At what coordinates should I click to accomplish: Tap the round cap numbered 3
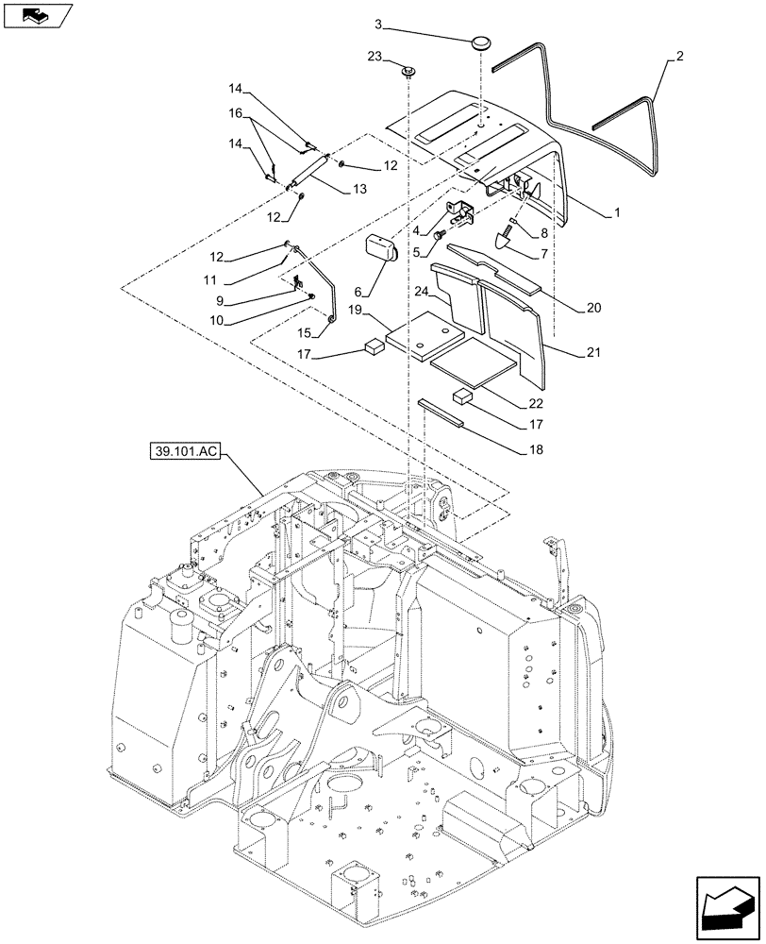pos(483,44)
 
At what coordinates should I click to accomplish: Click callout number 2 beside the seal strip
pos(678,58)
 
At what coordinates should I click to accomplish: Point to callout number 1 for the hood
pos(616,213)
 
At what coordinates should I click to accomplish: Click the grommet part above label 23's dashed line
pos(410,72)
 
